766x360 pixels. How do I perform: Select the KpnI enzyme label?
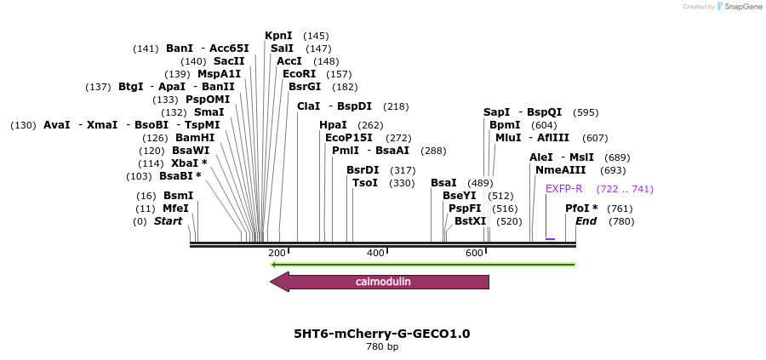[x=278, y=36]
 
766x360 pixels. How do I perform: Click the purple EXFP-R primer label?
[x=563, y=189]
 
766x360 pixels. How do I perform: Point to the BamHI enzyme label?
[x=195, y=138]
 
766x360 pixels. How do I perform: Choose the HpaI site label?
[x=333, y=125]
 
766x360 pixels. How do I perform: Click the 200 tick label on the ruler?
[x=277, y=254]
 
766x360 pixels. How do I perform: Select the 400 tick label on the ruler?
[x=375, y=254]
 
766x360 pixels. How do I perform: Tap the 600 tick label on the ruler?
[x=474, y=254]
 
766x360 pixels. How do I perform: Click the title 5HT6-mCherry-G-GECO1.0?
[x=381, y=334]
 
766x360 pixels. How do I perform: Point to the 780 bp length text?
[x=381, y=346]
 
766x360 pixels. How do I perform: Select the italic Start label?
[x=168, y=221]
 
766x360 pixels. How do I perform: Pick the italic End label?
[x=586, y=221]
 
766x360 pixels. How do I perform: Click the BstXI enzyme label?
[x=470, y=221]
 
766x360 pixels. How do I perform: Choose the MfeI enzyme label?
[x=175, y=209]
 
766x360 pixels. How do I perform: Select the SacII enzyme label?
[x=229, y=61]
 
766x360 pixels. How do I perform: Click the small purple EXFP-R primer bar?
[x=550, y=239]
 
